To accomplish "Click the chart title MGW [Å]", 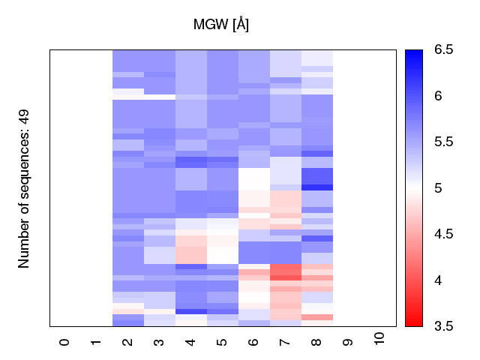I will click(221, 24).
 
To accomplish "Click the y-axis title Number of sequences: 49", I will click(24, 188).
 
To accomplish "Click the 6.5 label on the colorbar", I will click(443, 50).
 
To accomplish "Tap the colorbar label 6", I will click(439, 96).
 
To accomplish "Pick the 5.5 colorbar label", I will click(443, 142).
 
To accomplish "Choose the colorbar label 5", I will click(439, 188).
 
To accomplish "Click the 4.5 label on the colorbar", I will click(443, 234).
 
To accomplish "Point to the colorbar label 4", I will click(439, 280).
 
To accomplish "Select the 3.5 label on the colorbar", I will click(443, 325).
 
